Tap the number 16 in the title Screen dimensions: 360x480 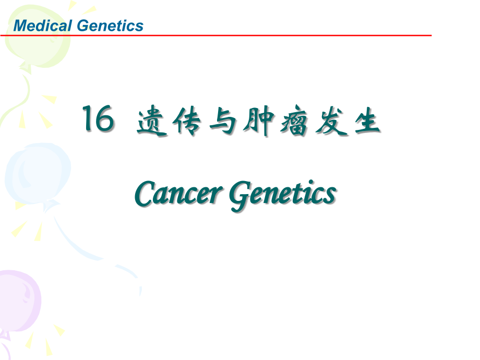97,121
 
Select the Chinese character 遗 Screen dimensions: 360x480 152,123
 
